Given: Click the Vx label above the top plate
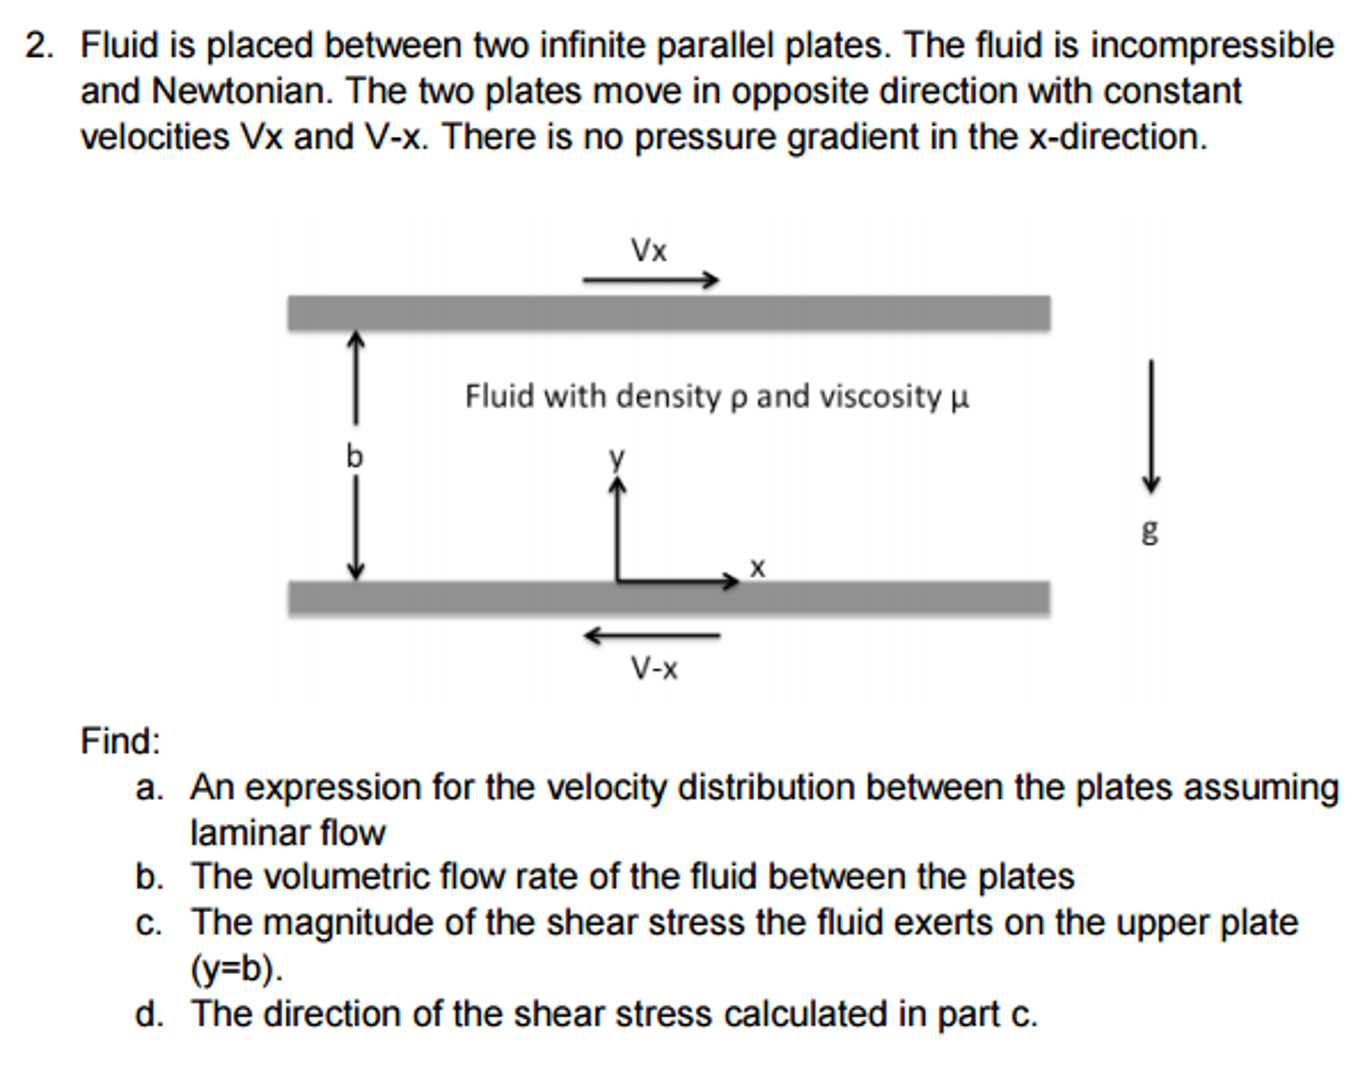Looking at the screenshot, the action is click(x=648, y=251).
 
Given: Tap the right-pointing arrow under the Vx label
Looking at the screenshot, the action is click(x=651, y=280).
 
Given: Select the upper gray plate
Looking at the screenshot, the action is click(x=669, y=313).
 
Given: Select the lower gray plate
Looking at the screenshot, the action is click(x=669, y=597).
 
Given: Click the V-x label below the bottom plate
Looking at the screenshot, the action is click(x=654, y=668).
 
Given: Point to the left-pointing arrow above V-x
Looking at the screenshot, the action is click(x=652, y=636).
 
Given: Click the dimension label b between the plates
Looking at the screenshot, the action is click(x=354, y=457).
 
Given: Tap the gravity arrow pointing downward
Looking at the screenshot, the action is click(x=1150, y=427).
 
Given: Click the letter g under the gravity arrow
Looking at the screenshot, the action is click(x=1150, y=532).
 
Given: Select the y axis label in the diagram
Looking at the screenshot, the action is click(x=617, y=459).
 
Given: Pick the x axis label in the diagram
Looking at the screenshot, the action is click(x=757, y=568).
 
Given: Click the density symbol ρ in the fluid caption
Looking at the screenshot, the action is click(x=737, y=398).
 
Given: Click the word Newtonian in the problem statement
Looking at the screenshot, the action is click(x=242, y=91).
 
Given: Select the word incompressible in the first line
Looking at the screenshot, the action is click(x=1212, y=47).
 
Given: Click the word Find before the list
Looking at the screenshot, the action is click(x=121, y=741).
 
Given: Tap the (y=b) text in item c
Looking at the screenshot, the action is click(x=237, y=970).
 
